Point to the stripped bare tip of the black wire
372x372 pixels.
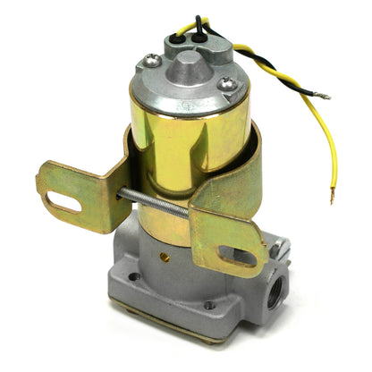click(x=324, y=96)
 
